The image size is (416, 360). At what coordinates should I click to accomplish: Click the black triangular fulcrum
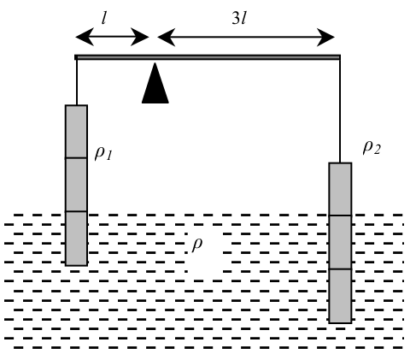(x=155, y=86)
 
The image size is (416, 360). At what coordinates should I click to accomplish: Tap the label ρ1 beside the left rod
(x=103, y=153)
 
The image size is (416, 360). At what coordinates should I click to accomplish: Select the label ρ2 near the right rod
(x=372, y=147)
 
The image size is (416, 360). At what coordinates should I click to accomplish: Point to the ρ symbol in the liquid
(x=197, y=245)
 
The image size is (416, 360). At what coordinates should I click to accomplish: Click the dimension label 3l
(x=239, y=18)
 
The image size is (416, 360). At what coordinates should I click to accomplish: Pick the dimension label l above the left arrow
(x=104, y=19)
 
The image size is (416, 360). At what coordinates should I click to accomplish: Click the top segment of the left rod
(x=76, y=131)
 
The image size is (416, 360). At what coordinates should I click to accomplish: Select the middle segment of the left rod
(x=76, y=185)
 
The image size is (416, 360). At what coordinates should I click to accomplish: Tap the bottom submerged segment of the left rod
(x=76, y=239)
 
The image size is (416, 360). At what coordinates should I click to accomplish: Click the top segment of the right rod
(x=340, y=189)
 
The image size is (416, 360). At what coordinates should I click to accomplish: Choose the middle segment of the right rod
(x=340, y=242)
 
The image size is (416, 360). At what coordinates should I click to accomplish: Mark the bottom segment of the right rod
(x=340, y=296)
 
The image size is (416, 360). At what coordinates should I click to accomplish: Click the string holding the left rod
(x=77, y=82)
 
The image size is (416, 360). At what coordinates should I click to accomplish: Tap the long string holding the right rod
(x=340, y=111)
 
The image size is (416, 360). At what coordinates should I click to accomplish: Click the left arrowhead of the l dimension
(x=85, y=37)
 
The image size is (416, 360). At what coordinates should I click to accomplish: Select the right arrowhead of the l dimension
(x=140, y=37)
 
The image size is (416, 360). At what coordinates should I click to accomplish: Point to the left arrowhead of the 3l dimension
(x=167, y=37)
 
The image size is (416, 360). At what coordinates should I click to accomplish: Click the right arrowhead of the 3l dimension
(x=325, y=38)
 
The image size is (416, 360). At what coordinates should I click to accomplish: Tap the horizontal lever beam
(x=208, y=57)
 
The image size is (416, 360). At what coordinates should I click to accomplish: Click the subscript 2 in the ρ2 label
(x=378, y=150)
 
